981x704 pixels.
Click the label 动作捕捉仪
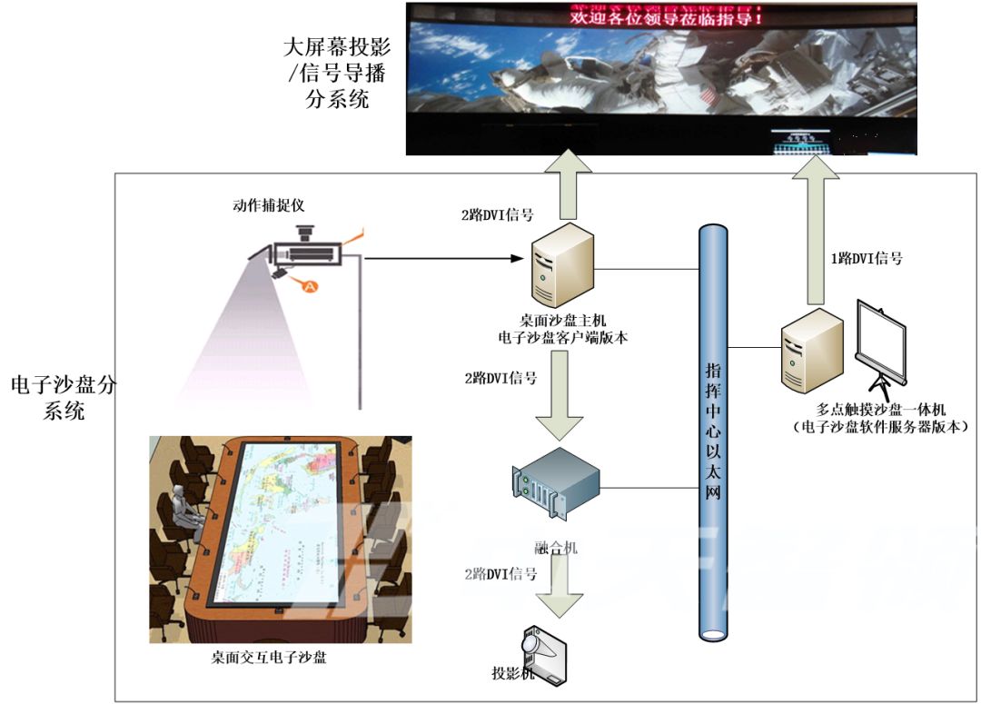pyautogui.click(x=270, y=204)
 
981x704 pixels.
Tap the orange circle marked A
pyautogui.click(x=310, y=286)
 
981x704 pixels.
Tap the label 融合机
pyautogui.click(x=556, y=548)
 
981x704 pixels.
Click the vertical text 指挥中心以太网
pyautogui.click(x=714, y=431)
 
